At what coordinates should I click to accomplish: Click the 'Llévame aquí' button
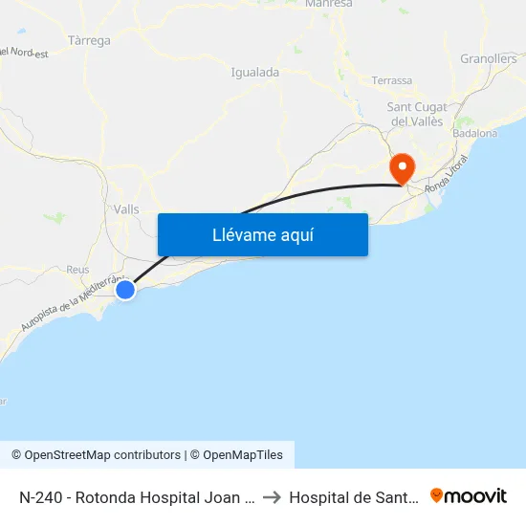[x=262, y=234]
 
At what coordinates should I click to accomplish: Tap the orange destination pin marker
[x=402, y=168]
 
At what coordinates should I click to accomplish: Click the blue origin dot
[x=125, y=289]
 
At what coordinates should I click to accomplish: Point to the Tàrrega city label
[x=90, y=41]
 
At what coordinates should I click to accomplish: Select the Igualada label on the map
[x=255, y=72]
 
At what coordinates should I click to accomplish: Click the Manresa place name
[x=328, y=5]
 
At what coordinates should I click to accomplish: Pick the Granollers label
[x=488, y=58]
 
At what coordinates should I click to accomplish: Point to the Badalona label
[x=475, y=134]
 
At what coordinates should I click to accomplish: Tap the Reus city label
[x=77, y=270]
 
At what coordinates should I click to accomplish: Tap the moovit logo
[x=469, y=495]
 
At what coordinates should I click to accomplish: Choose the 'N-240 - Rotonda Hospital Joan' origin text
[x=135, y=496]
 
